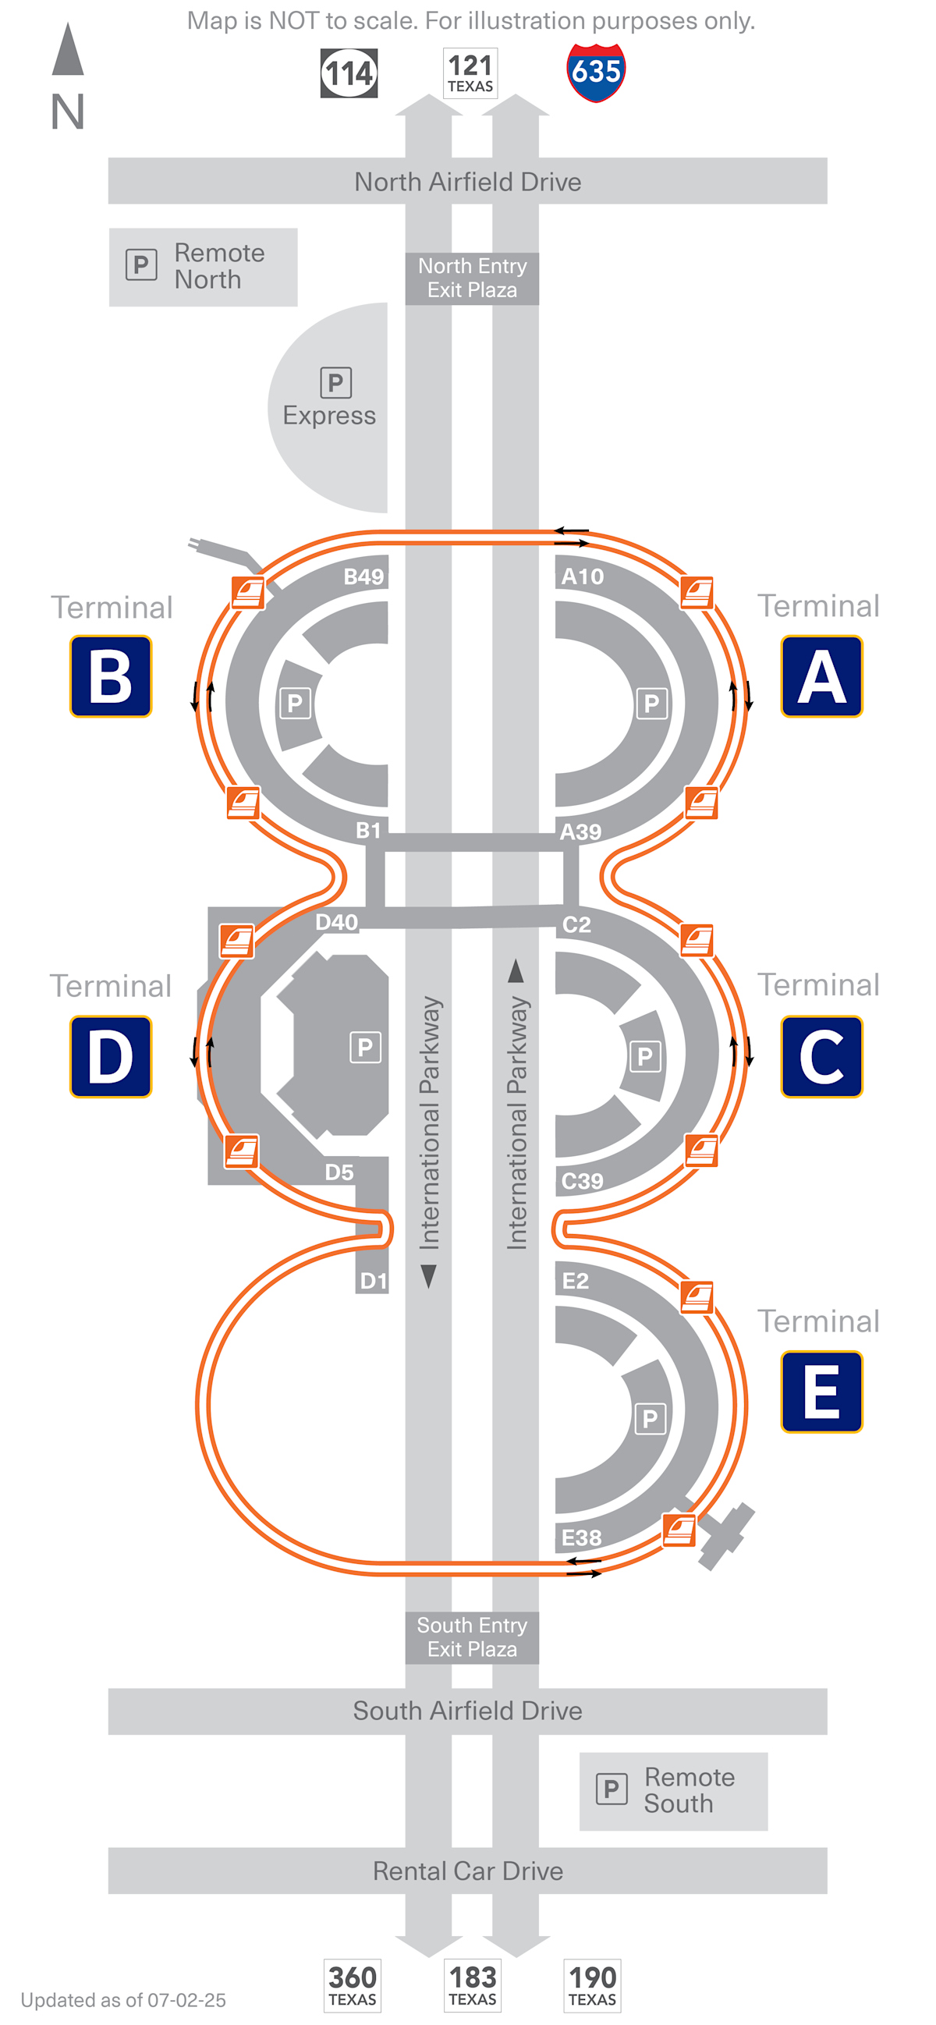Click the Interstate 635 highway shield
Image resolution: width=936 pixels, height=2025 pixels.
point(596,73)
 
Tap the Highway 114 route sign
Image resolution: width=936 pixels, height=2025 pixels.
point(349,73)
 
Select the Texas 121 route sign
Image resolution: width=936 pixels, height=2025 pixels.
point(470,73)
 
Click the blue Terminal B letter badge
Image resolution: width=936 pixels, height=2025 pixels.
point(111,676)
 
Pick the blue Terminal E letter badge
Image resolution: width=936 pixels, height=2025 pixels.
point(821,1392)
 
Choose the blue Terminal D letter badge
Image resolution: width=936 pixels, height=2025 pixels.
point(111,1055)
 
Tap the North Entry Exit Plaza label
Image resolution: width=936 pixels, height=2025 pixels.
point(472,278)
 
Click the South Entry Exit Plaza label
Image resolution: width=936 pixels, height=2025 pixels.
point(472,1637)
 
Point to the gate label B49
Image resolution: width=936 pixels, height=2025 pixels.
point(363,576)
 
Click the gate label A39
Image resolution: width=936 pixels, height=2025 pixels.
point(581,832)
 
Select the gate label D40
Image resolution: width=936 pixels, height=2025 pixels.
point(336,922)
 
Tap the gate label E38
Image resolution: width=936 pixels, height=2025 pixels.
point(582,1537)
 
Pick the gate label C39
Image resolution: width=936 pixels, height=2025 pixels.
point(583,1181)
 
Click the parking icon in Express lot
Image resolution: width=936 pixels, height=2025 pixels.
point(335,383)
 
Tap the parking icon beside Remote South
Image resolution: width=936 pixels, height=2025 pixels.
point(612,1789)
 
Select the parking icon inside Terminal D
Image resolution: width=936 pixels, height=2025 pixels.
point(365,1047)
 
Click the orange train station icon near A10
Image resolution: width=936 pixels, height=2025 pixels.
point(697,592)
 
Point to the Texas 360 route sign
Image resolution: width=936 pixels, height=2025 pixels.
point(352,1985)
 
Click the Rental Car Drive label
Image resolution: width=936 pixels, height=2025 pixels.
point(467,1871)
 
